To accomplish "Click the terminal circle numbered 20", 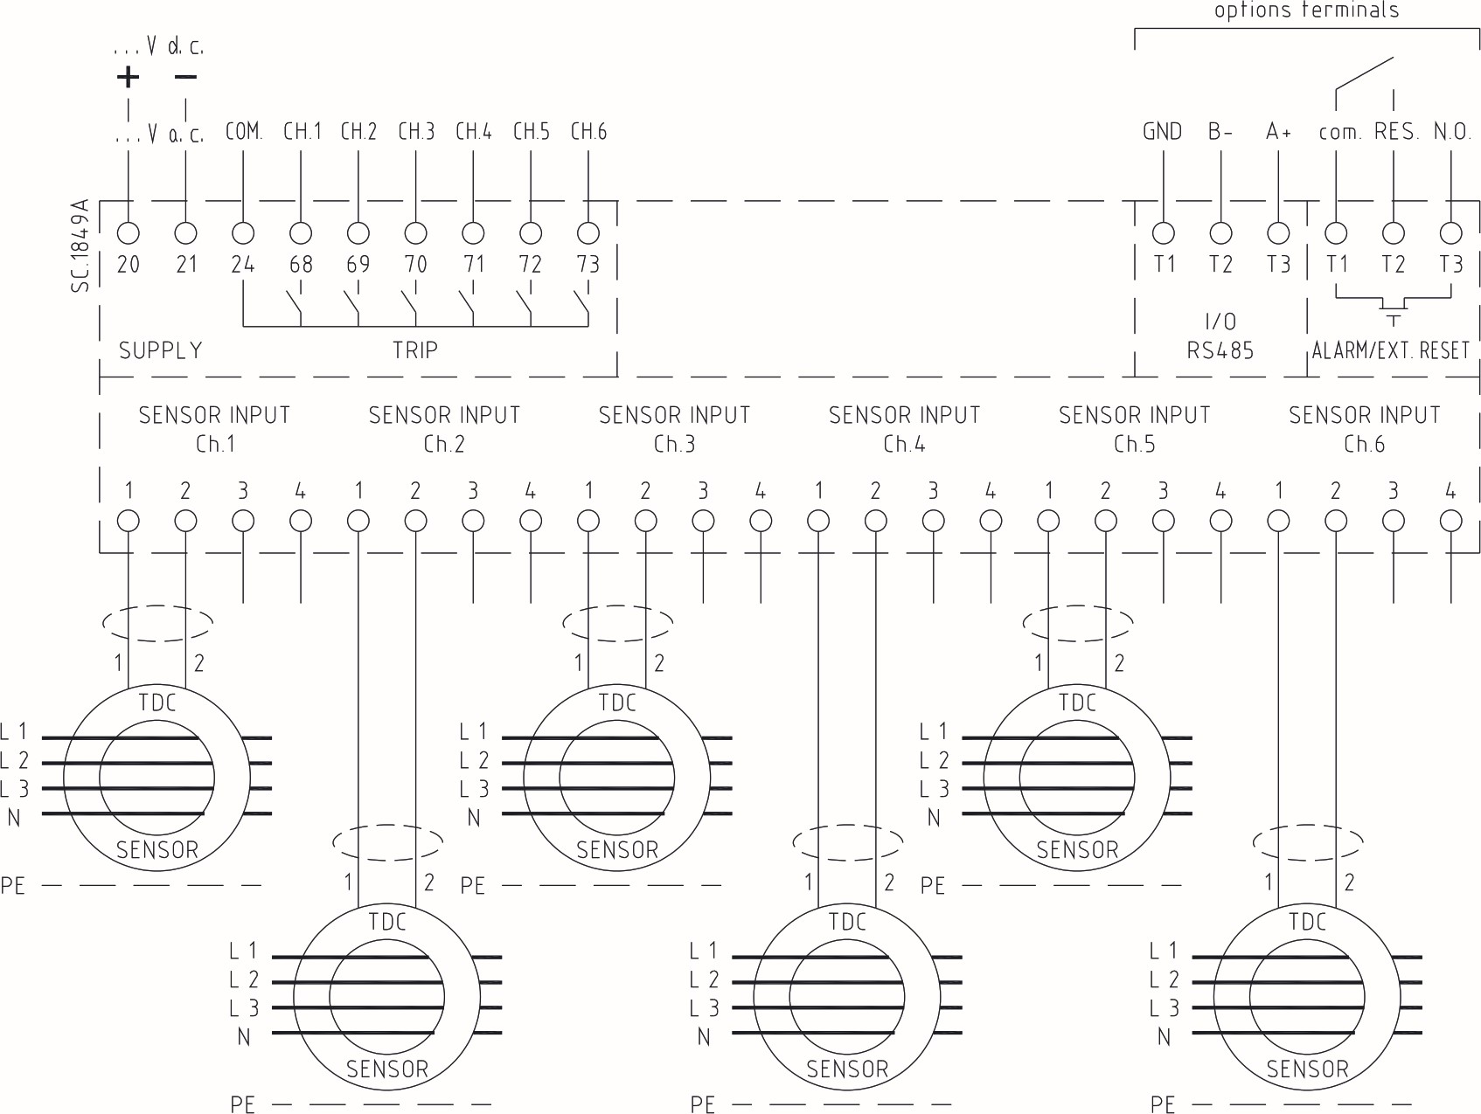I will click(x=129, y=233).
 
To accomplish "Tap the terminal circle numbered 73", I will click(x=588, y=233).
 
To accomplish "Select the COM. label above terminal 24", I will click(x=243, y=132).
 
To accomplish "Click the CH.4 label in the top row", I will click(x=473, y=132).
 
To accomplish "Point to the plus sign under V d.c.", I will click(x=128, y=77).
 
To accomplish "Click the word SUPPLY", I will click(x=161, y=350).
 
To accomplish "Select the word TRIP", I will click(x=415, y=350).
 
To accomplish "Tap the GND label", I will click(x=1162, y=132).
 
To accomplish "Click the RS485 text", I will click(x=1220, y=350).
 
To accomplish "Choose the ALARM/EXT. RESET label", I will click(x=1390, y=350).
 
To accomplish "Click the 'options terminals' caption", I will click(x=1306, y=10).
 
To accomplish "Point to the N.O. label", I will click(x=1452, y=132).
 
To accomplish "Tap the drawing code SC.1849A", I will click(x=80, y=246).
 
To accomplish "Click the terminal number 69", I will click(x=358, y=264).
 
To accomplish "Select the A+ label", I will click(x=1278, y=132).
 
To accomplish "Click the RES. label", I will click(x=1395, y=132).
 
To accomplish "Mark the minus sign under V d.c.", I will click(x=185, y=77).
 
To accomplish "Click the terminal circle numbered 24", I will click(x=243, y=233).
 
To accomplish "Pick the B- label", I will click(x=1220, y=132).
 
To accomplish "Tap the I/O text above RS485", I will click(x=1220, y=322).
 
